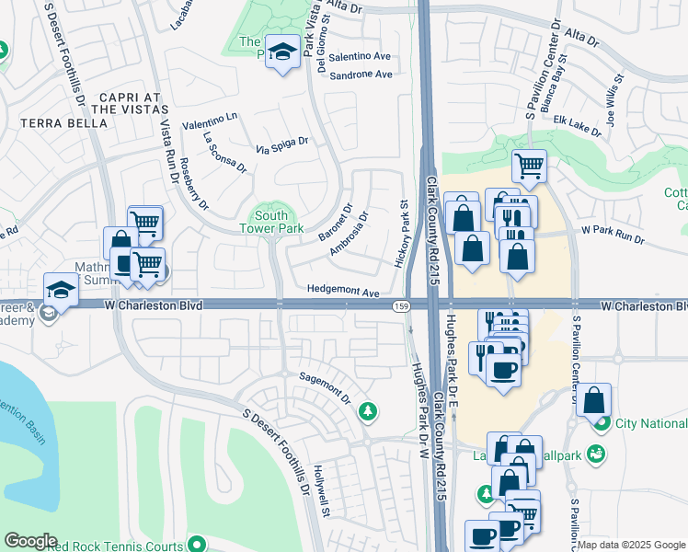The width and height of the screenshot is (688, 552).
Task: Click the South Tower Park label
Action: (270, 222)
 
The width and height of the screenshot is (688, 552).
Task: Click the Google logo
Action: (31, 540)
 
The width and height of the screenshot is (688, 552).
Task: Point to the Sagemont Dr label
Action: (327, 387)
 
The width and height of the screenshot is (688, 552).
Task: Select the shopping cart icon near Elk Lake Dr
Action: (529, 166)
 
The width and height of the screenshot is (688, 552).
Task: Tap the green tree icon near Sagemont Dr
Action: (368, 410)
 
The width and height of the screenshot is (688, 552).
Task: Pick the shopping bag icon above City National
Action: (594, 399)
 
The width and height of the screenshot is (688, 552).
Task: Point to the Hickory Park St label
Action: (402, 234)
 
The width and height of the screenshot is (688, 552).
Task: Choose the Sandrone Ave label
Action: (361, 75)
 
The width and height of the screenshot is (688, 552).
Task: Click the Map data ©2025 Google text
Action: (631, 545)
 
